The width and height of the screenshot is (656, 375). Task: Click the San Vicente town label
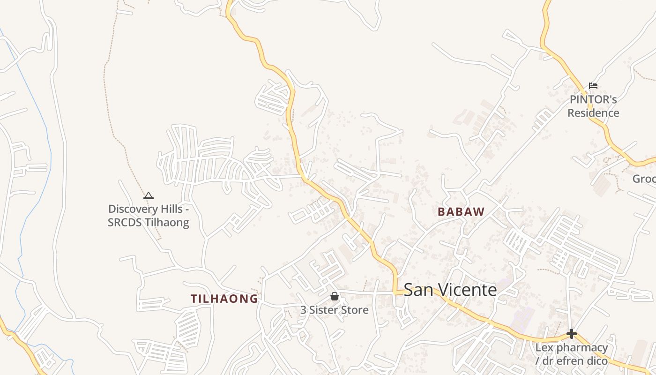[x=450, y=290]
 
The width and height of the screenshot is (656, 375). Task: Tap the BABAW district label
[x=461, y=212]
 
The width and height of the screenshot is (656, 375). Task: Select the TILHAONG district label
[x=224, y=299]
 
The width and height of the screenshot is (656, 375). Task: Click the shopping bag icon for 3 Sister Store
[x=335, y=296]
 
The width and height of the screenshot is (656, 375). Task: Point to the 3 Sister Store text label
[x=334, y=310]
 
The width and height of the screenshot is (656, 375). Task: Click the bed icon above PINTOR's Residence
[x=593, y=86]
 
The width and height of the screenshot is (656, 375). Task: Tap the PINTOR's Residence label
[x=593, y=106]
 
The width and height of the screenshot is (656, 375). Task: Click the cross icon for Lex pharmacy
[x=572, y=334]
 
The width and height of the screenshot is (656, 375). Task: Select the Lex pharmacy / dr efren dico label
[x=572, y=354]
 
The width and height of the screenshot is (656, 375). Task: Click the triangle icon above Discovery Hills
[x=149, y=195]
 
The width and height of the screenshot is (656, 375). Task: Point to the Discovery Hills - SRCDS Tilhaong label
[x=149, y=216]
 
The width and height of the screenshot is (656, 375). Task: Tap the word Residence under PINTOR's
[x=593, y=113]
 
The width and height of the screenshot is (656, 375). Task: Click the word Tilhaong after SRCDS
[x=168, y=222]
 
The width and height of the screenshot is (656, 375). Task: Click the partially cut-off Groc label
[x=644, y=179]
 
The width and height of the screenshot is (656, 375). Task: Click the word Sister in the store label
[x=323, y=310]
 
